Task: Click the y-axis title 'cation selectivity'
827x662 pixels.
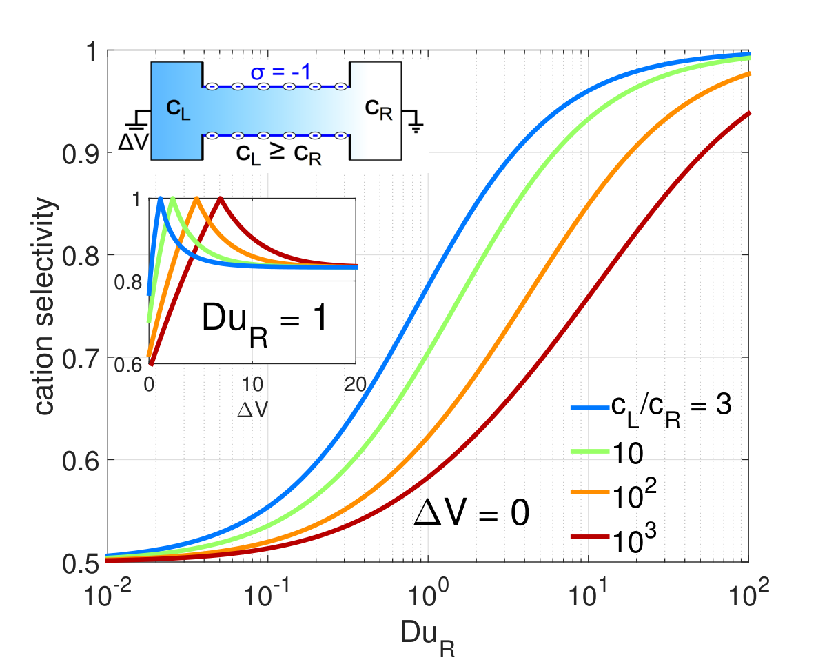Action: pos(45,306)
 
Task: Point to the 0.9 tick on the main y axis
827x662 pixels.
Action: pos(81,154)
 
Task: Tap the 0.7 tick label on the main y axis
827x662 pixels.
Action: pos(81,359)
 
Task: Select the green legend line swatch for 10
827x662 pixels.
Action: pos(591,452)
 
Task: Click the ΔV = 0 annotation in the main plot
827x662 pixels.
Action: pos(471,513)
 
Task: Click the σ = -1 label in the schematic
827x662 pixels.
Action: pos(280,72)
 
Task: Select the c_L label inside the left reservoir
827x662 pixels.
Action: pos(178,110)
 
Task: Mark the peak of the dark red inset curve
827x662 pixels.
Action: pos(221,198)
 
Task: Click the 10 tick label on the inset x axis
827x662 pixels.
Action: pos(252,384)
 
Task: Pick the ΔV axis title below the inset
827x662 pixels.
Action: pos(252,410)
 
